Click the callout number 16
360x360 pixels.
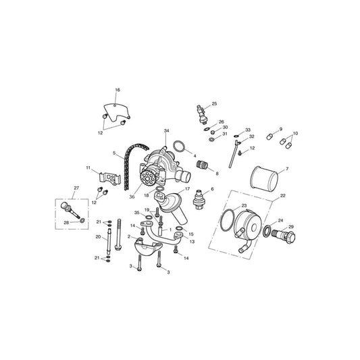point(118,90)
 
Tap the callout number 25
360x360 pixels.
point(214,104)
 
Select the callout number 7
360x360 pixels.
point(287,170)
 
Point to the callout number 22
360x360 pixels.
point(282,196)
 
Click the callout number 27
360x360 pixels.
point(76,188)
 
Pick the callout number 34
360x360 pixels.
point(166,130)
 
